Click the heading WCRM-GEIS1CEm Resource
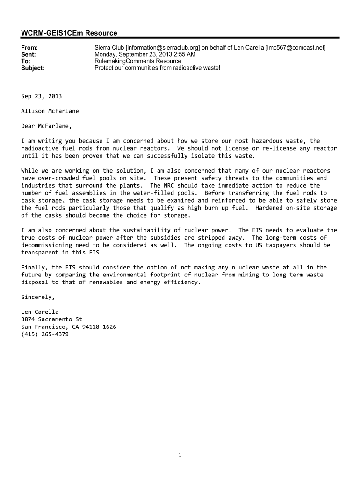coord(69,33)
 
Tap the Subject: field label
coord(33,68)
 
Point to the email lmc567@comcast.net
coord(295,48)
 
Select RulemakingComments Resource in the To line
coord(137,61)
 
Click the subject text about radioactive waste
coord(157,68)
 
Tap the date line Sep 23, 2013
coord(41,96)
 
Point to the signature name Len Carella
coord(40,312)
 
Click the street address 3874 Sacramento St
coord(51,319)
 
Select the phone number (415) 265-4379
coord(45,334)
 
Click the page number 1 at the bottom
coord(180,455)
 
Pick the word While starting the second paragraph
coord(29,170)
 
